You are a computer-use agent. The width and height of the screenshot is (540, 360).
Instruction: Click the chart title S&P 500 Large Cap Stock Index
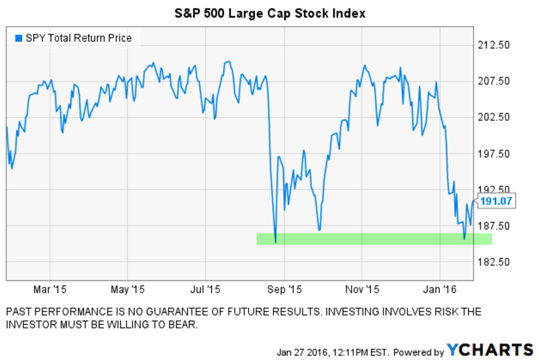269,13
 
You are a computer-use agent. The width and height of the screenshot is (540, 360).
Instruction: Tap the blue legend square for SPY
18,38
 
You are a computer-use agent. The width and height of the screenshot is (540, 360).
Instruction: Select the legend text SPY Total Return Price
78,38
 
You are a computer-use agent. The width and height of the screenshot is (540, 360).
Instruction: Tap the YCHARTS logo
489,349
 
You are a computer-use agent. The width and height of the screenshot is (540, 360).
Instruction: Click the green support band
374,238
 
